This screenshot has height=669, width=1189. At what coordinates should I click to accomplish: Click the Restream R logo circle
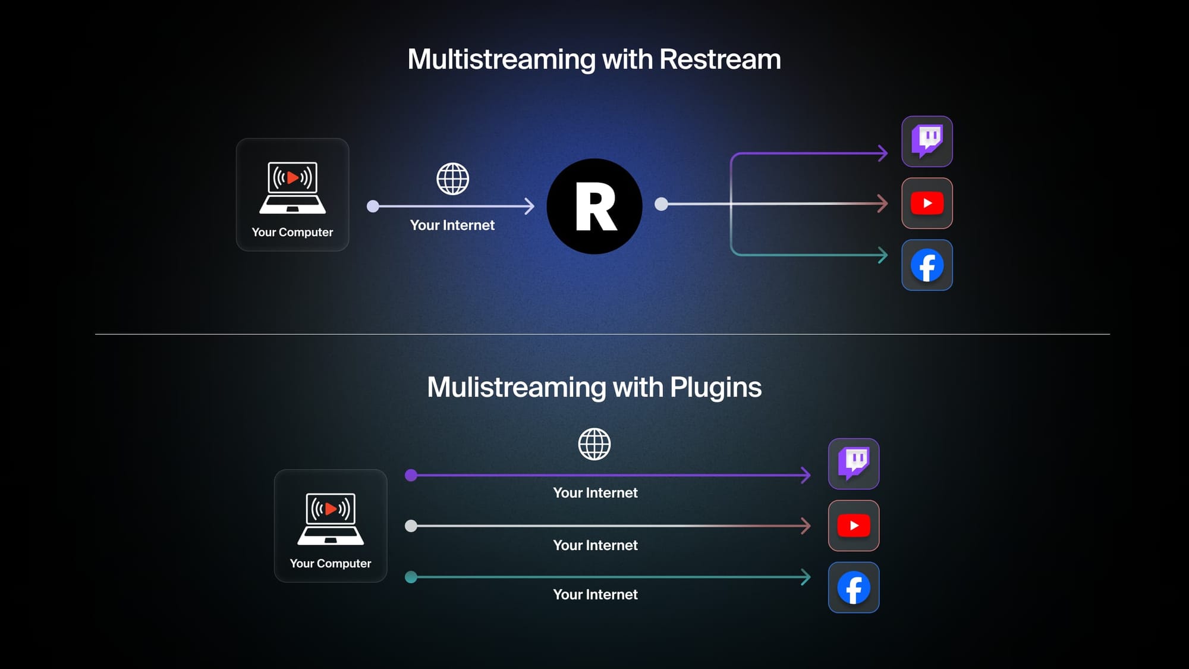(x=594, y=206)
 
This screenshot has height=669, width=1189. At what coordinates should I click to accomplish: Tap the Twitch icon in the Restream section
(x=927, y=142)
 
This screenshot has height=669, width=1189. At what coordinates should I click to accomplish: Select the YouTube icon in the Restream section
(x=927, y=203)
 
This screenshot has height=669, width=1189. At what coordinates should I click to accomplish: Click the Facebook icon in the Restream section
(x=927, y=265)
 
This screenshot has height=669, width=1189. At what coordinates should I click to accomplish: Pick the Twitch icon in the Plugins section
(x=854, y=464)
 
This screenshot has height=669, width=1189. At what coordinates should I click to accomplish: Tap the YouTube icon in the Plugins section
(x=854, y=526)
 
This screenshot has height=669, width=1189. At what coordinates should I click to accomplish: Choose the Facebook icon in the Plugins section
(x=854, y=588)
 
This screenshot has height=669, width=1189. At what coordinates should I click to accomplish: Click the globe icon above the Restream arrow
(x=453, y=179)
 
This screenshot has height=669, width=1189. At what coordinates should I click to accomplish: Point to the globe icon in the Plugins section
(x=594, y=444)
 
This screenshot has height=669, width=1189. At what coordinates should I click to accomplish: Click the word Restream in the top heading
(x=720, y=59)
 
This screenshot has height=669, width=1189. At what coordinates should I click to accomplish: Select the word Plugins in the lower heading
(x=716, y=387)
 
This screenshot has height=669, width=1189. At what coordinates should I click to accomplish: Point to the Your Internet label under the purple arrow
(x=595, y=493)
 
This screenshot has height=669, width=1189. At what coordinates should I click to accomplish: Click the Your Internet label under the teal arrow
(x=595, y=595)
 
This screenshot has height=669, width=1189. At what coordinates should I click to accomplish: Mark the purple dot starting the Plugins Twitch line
(x=411, y=475)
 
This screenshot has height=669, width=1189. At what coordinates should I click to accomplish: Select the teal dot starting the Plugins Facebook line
(x=411, y=577)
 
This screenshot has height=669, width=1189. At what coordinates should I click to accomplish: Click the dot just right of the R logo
(x=661, y=204)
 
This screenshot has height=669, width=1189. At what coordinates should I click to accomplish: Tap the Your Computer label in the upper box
(x=292, y=232)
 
